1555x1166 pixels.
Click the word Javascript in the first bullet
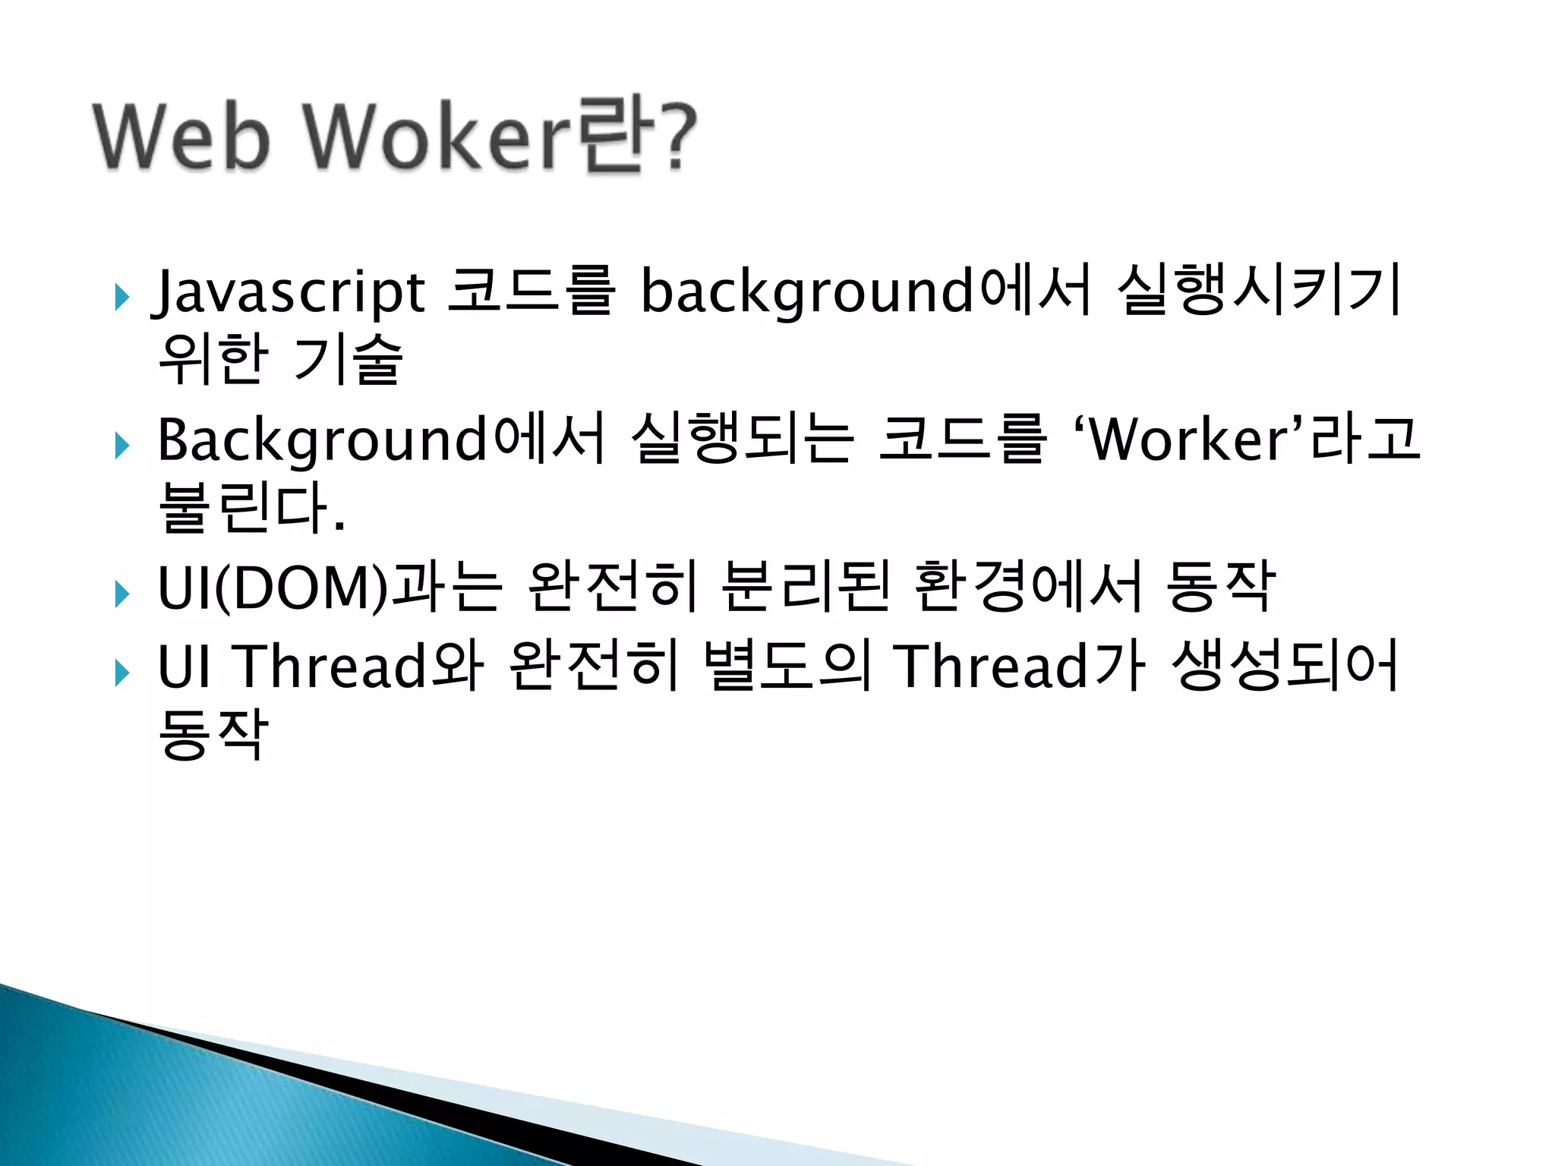tap(289, 292)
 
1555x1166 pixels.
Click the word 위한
tap(213, 360)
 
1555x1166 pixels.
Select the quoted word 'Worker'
tap(1189, 440)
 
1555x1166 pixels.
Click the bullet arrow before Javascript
tap(121, 298)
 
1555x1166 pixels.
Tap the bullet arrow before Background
tap(121, 446)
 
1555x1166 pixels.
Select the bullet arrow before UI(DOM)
tap(121, 594)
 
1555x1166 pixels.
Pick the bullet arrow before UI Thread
tap(121, 673)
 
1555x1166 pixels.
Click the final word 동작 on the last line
tap(213, 734)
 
